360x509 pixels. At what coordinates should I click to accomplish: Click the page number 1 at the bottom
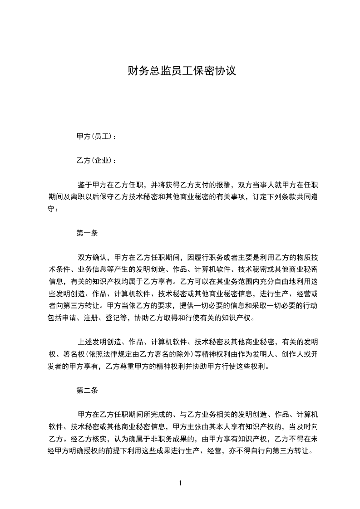coord(180,483)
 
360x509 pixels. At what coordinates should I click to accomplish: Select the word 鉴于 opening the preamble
coord(84,185)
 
